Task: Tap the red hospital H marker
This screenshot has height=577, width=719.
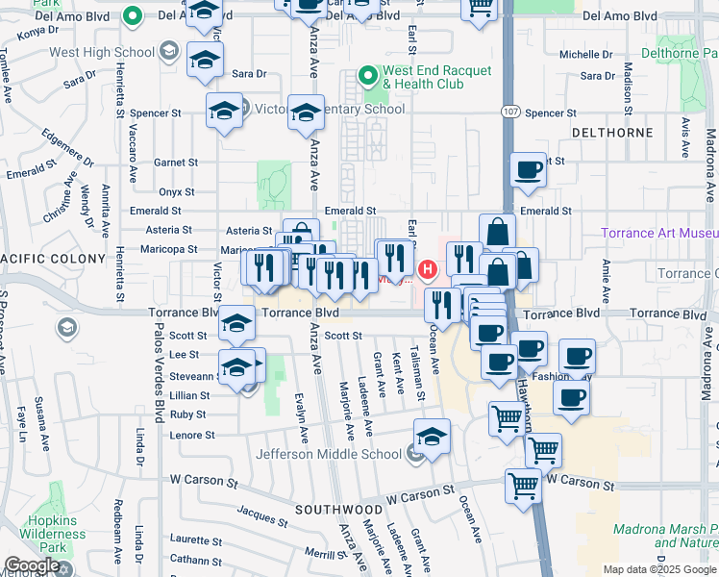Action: [x=429, y=266]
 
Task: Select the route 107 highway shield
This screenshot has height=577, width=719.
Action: [x=510, y=113]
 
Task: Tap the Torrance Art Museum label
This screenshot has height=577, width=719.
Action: [x=659, y=234]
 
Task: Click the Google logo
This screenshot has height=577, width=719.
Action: [x=32, y=566]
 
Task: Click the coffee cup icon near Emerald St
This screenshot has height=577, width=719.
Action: [x=527, y=171]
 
